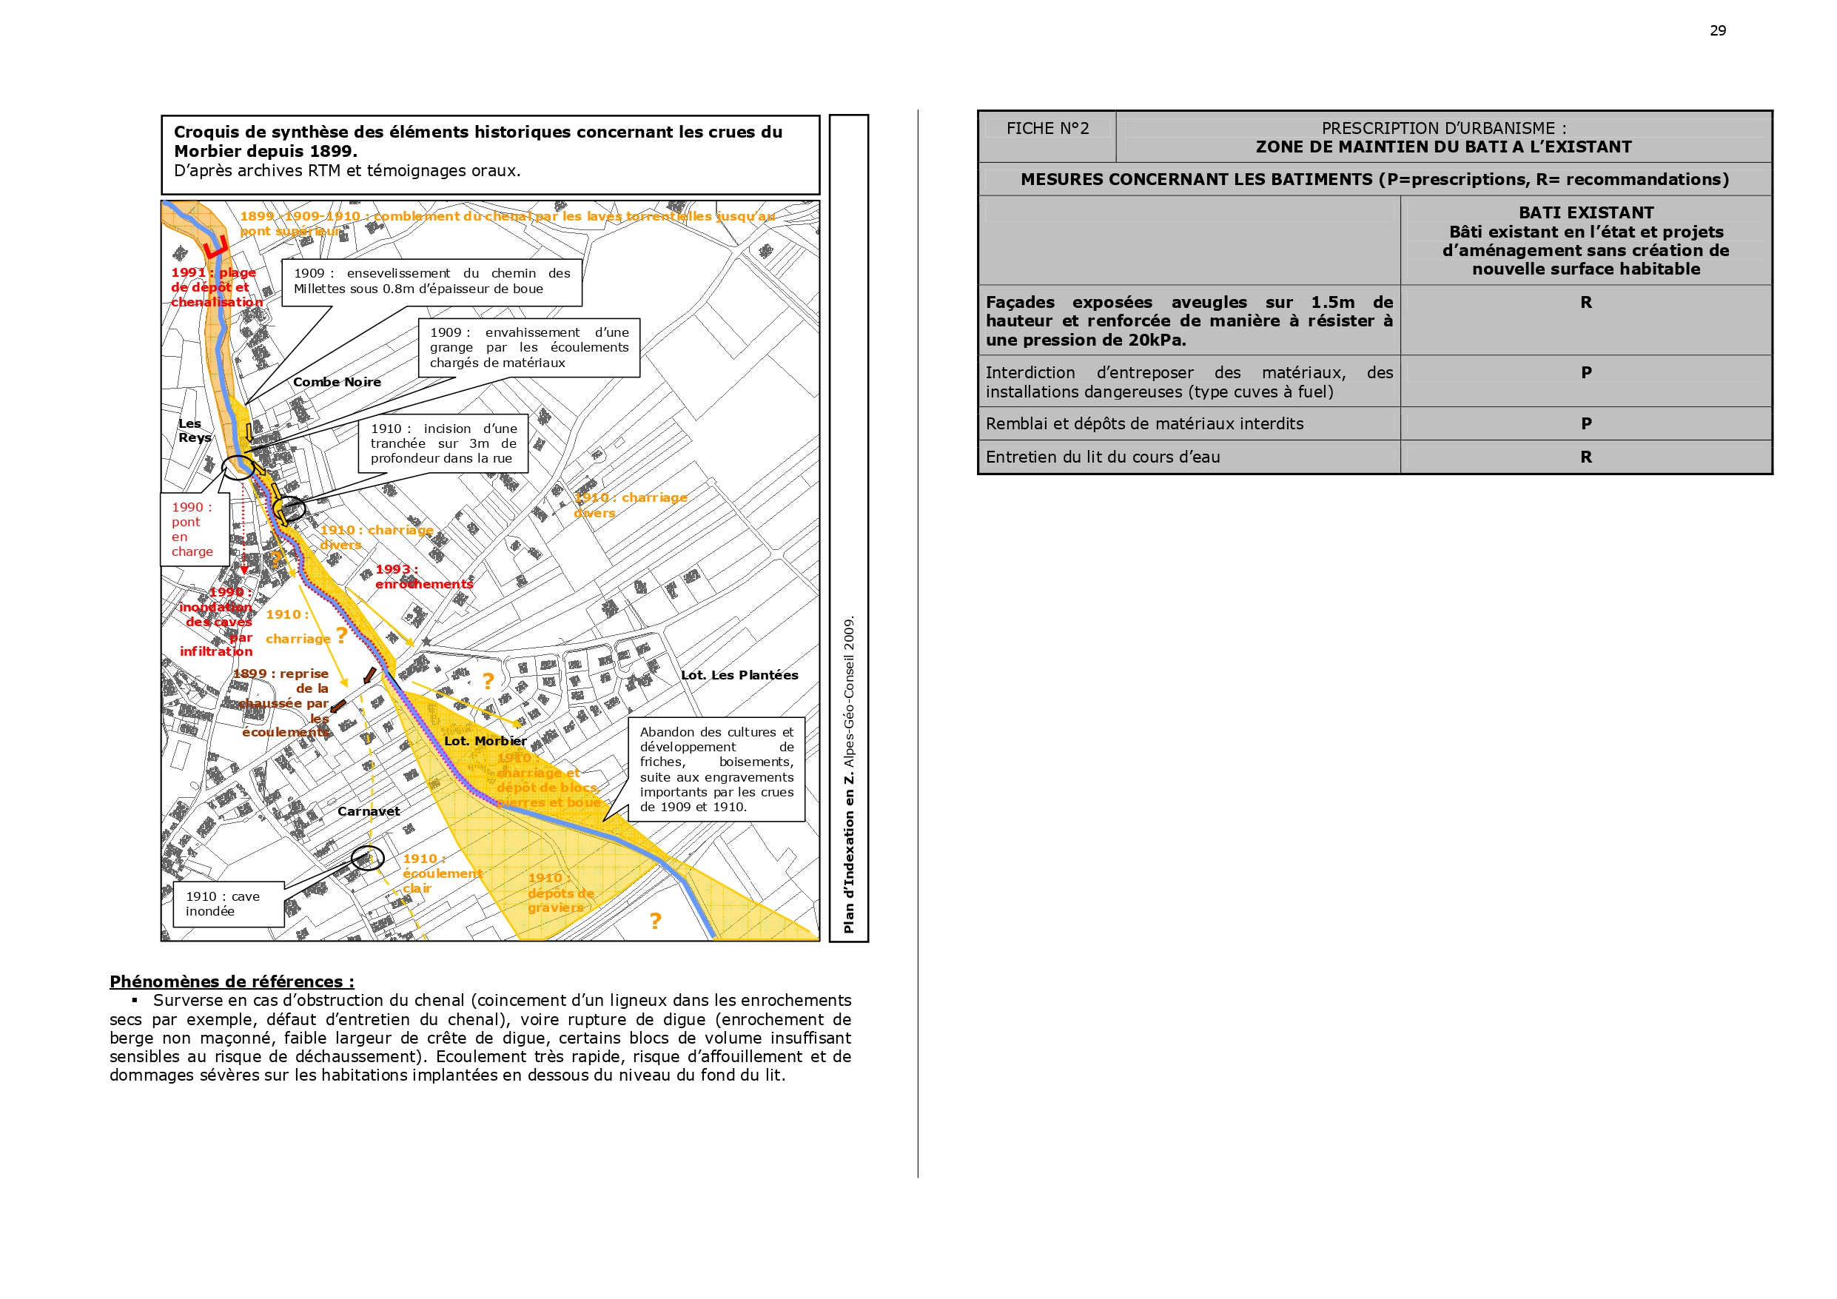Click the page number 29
point(1717,30)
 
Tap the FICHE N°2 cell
point(1047,129)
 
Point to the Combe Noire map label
point(337,382)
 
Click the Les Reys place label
point(195,431)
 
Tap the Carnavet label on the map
point(368,810)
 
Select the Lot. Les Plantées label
point(739,675)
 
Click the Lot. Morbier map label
point(485,741)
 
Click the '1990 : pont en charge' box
point(194,529)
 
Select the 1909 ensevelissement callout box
point(431,281)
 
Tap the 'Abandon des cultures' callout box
point(716,768)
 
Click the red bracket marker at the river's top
point(216,247)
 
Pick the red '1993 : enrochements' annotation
point(423,577)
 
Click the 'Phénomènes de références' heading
point(231,981)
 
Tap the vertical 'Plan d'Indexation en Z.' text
point(848,773)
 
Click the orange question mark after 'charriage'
point(342,636)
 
